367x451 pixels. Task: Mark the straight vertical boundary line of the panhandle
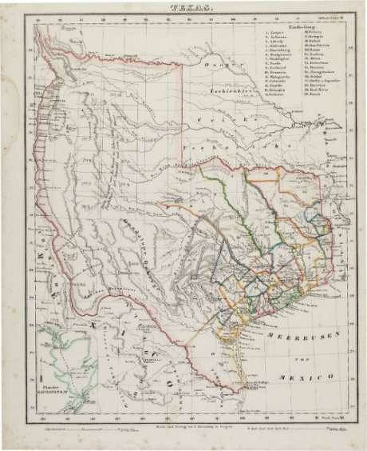(182, 115)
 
